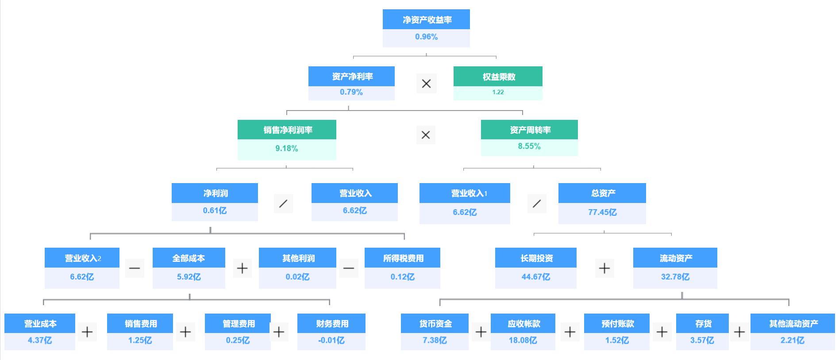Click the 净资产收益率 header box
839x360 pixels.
tap(426, 19)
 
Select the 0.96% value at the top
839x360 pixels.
tap(426, 37)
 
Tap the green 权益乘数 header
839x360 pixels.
tap(498, 77)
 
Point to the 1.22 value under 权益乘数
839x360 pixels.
tap(498, 92)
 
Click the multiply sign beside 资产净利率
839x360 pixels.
tap(426, 84)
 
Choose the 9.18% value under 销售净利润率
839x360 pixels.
tap(287, 149)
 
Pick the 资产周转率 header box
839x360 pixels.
tap(529, 130)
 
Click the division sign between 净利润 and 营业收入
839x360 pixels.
tap(283, 203)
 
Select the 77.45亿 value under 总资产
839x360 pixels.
tap(602, 212)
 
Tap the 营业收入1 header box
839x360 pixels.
tap(465, 193)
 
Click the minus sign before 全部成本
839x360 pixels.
tap(135, 268)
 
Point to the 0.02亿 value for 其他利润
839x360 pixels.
tap(297, 277)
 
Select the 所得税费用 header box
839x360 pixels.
tap(402, 258)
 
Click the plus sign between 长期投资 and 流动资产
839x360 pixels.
tap(604, 268)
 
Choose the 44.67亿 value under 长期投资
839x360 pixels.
tap(535, 277)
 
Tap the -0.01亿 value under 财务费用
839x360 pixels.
tap(331, 341)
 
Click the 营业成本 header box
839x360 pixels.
tap(40, 324)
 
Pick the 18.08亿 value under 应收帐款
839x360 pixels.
tap(523, 341)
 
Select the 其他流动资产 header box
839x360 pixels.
tap(793, 324)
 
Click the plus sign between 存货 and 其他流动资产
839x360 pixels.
tap(739, 332)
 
